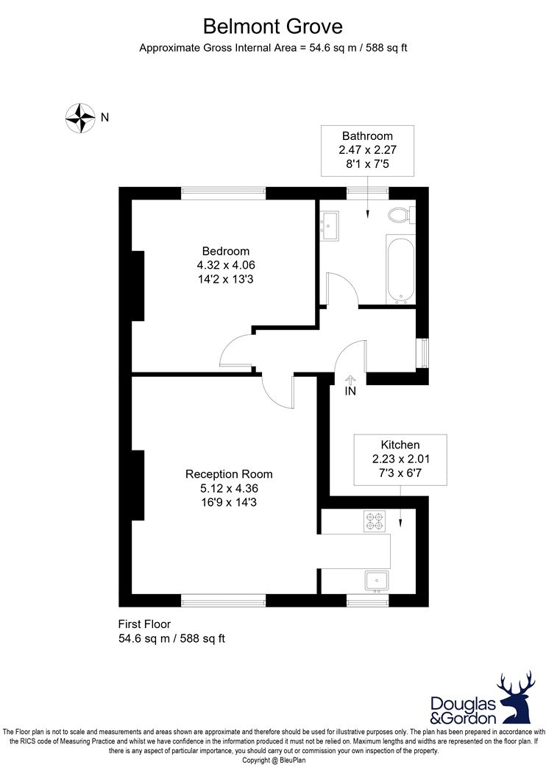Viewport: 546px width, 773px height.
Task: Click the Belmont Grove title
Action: coord(273,27)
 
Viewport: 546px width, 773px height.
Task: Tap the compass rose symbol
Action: coord(79,117)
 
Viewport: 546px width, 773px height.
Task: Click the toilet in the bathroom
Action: coord(400,215)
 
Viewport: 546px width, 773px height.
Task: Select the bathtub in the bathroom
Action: coord(400,269)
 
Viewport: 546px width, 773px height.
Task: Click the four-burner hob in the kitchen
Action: coord(375,522)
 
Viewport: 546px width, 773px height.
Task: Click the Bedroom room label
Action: coord(226,251)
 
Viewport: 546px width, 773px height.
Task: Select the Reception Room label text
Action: coord(229,474)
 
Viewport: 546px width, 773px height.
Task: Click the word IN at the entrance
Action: coord(350,392)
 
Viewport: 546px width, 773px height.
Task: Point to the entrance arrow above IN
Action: coord(350,379)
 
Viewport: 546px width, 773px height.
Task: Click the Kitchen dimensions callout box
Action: coord(400,459)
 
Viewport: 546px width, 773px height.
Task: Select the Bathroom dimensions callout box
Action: coord(367,150)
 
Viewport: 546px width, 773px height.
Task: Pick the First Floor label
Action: coord(145,624)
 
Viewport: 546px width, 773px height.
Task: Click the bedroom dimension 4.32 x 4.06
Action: coord(226,265)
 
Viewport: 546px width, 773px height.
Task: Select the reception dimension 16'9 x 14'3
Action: coord(229,503)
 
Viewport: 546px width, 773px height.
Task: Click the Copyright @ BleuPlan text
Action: coord(273,760)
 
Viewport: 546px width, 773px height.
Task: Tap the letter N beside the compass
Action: coord(104,116)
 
